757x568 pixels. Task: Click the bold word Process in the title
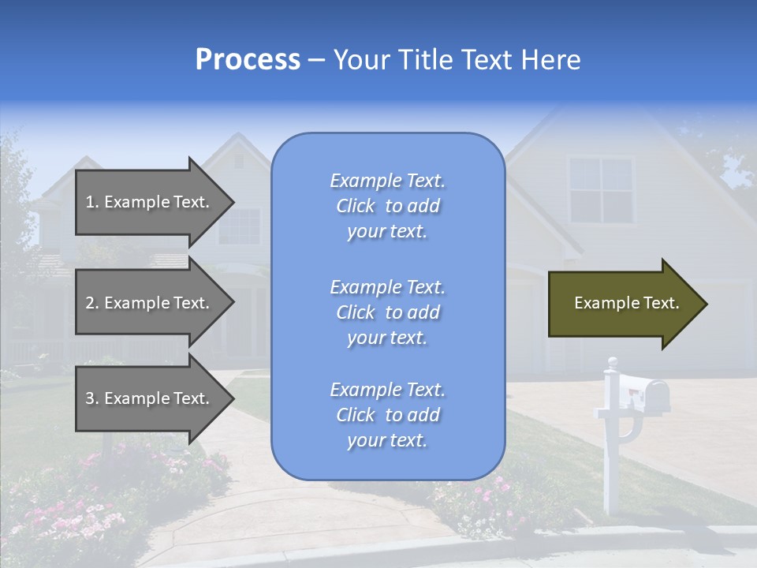[x=248, y=60]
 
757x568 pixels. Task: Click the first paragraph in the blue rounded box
[x=387, y=206]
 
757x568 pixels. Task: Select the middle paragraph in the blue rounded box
[x=387, y=312]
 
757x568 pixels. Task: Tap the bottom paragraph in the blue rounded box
[x=387, y=415]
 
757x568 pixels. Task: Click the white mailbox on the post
[x=643, y=391]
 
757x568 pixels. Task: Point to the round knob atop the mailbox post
[x=612, y=362]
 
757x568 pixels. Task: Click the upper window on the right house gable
[x=601, y=189]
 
